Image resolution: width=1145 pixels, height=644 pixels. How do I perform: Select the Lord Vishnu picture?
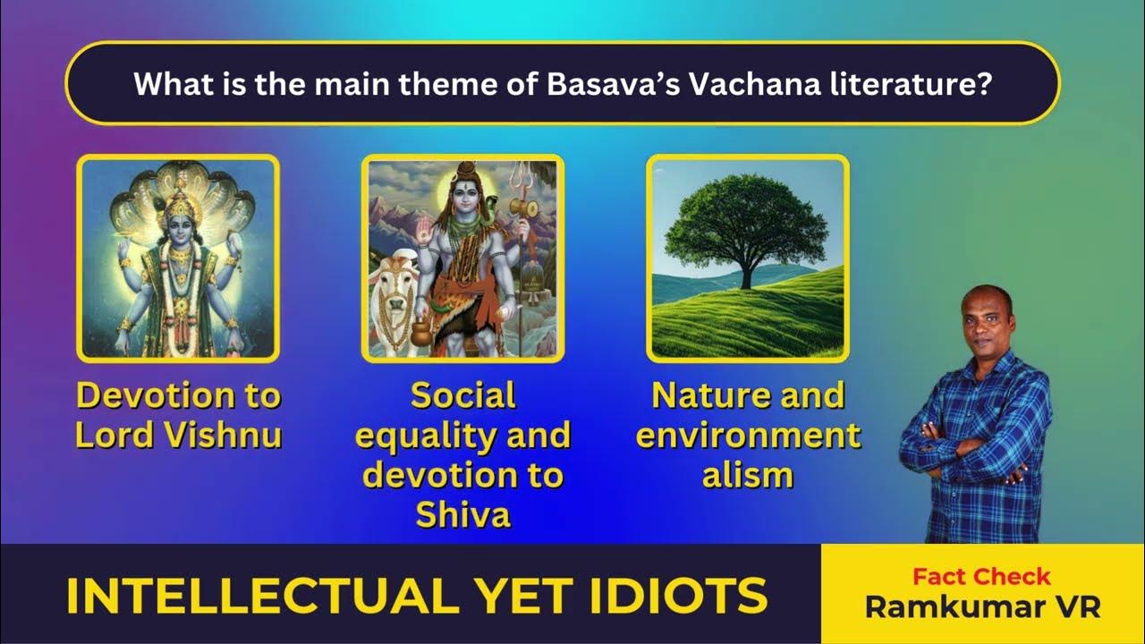coord(178,258)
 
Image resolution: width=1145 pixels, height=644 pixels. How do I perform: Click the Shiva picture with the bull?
coord(462,258)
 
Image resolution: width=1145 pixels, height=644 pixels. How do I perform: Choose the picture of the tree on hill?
coord(747,258)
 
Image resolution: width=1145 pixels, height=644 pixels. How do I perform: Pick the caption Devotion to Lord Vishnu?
coord(178,415)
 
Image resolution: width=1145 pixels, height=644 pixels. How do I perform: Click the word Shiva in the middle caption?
coord(462,513)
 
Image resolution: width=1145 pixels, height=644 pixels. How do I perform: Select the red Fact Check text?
coord(981,576)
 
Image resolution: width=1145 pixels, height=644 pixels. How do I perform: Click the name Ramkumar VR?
coord(981,606)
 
